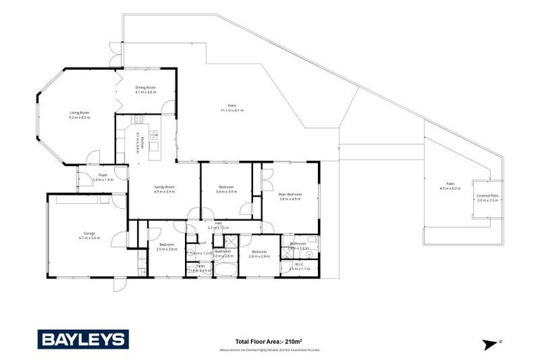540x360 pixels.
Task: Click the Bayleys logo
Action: [82, 340]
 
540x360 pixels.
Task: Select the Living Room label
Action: [79, 112]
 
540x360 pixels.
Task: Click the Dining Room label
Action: [146, 88]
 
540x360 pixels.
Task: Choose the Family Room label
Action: [164, 186]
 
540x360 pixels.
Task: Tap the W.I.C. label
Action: [299, 264]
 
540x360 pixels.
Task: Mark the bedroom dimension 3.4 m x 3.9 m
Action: [226, 191]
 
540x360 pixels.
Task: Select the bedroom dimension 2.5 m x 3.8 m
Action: [165, 249]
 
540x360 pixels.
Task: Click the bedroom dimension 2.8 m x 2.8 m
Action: [259, 257]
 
